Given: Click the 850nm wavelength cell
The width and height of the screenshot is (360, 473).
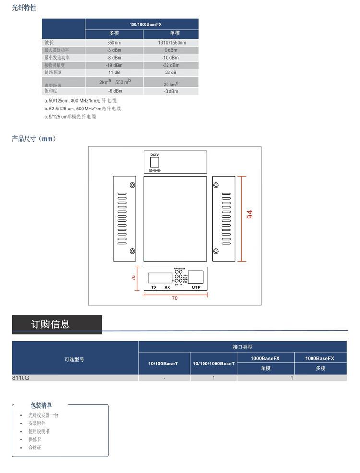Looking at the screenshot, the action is tap(114, 43).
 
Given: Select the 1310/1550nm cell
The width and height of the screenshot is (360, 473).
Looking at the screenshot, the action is tap(171, 43).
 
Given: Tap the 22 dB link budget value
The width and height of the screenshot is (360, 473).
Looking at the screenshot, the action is tap(171, 73).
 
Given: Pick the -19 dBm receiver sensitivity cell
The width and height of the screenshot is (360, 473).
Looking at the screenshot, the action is tap(114, 65).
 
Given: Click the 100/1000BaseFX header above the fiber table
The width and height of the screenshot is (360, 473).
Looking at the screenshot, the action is tap(142, 24).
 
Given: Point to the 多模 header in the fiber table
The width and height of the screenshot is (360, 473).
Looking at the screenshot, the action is tap(114, 34).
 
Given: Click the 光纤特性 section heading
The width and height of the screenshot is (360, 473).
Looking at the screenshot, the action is tap(24, 8).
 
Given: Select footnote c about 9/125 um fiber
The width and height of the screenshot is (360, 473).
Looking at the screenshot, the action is tap(70, 117).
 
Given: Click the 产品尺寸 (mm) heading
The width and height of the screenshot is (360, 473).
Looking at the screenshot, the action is tap(34, 139).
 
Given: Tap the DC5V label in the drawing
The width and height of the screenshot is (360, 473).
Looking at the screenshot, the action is tap(155, 155).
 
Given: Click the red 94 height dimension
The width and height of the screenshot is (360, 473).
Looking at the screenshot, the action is tap(249, 215).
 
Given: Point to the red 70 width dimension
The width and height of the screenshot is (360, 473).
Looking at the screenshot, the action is tap(175, 298).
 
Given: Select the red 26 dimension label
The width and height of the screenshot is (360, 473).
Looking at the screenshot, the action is tap(134, 278).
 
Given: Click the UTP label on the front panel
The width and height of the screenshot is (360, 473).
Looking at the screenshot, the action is tap(196, 287).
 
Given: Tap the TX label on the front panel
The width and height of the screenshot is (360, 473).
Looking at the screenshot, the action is tap(154, 287).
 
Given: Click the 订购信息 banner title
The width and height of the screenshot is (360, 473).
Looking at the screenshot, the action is tap(50, 325).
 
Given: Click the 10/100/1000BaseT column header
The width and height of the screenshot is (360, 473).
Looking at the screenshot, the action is tap(214, 364).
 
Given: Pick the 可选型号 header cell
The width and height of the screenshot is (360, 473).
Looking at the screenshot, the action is tap(74, 359).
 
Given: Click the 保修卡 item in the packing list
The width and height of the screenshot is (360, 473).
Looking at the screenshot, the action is tap(35, 439).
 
